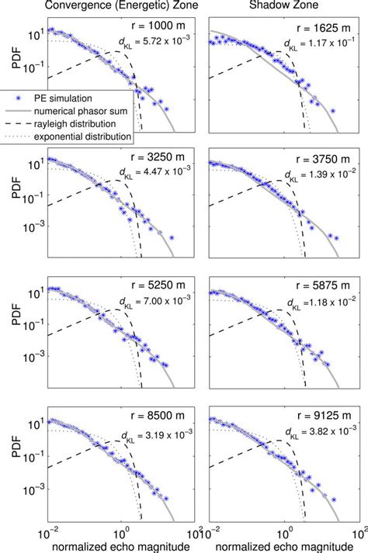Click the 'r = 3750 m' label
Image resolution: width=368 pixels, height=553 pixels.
click(313, 155)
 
